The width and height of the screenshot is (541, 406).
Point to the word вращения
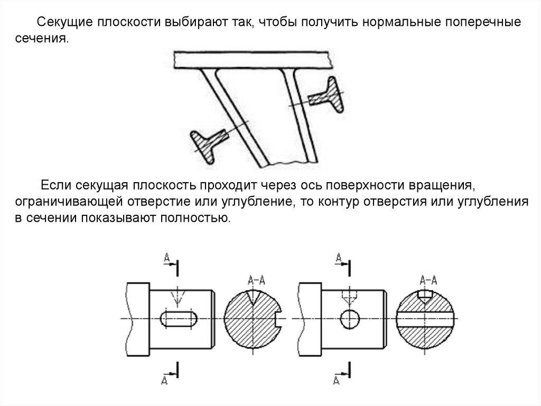pos(440,186)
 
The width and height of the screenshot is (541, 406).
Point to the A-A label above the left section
pos(254,280)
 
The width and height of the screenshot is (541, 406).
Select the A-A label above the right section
pos(427,280)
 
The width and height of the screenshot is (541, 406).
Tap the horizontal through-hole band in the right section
pos(427,319)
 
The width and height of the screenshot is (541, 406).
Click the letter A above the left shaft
pos(166,257)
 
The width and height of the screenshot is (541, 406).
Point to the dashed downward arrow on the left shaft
pos(179,298)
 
